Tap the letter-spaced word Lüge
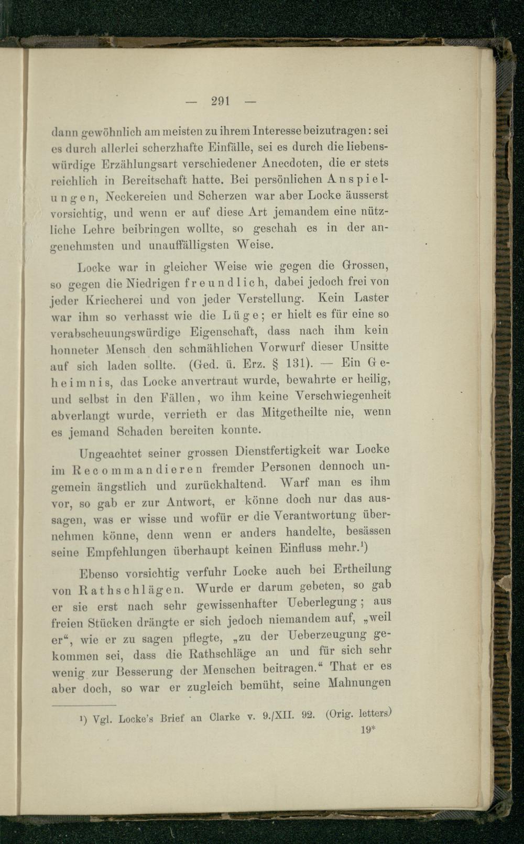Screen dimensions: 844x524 tap(239, 316)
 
